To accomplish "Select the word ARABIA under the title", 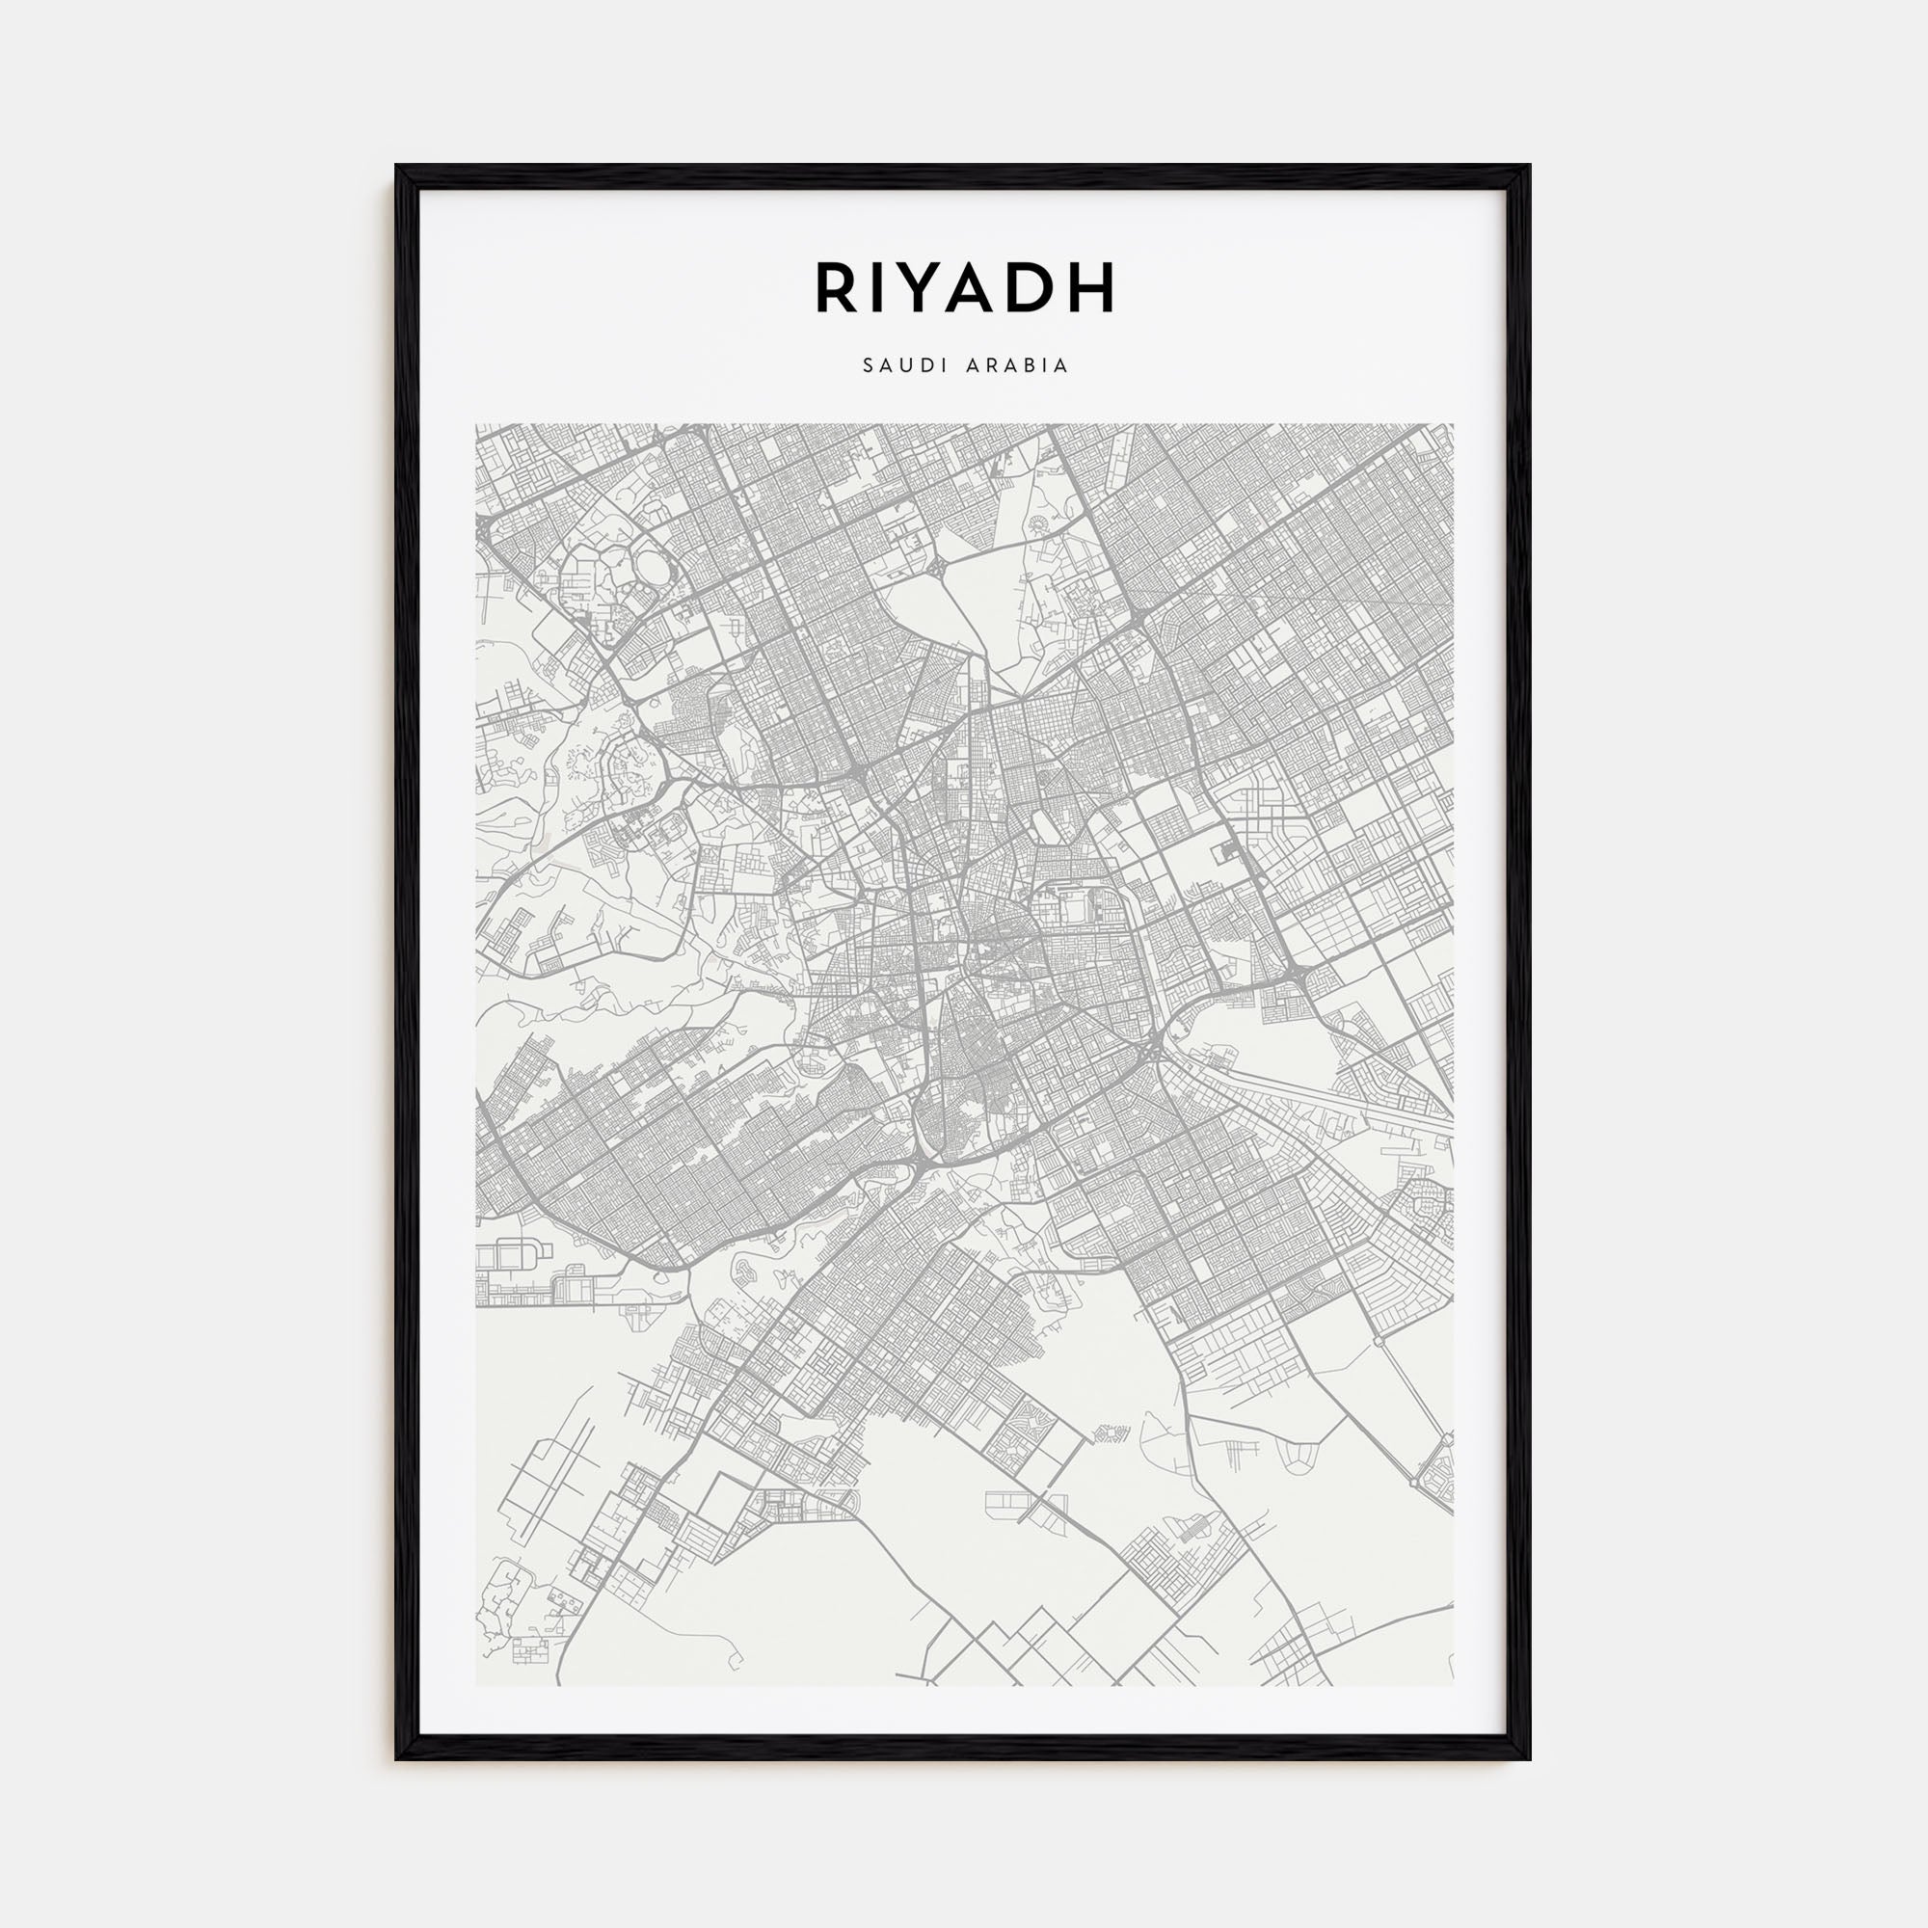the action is coord(1018,366).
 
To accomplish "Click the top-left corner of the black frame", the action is coord(397,166).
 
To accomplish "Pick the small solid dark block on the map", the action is coord(1223,851).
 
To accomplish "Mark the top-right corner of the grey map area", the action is coord(1452,425).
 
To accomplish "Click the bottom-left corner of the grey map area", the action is coord(477,1685).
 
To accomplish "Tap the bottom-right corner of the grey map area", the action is coord(1452,1685).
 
